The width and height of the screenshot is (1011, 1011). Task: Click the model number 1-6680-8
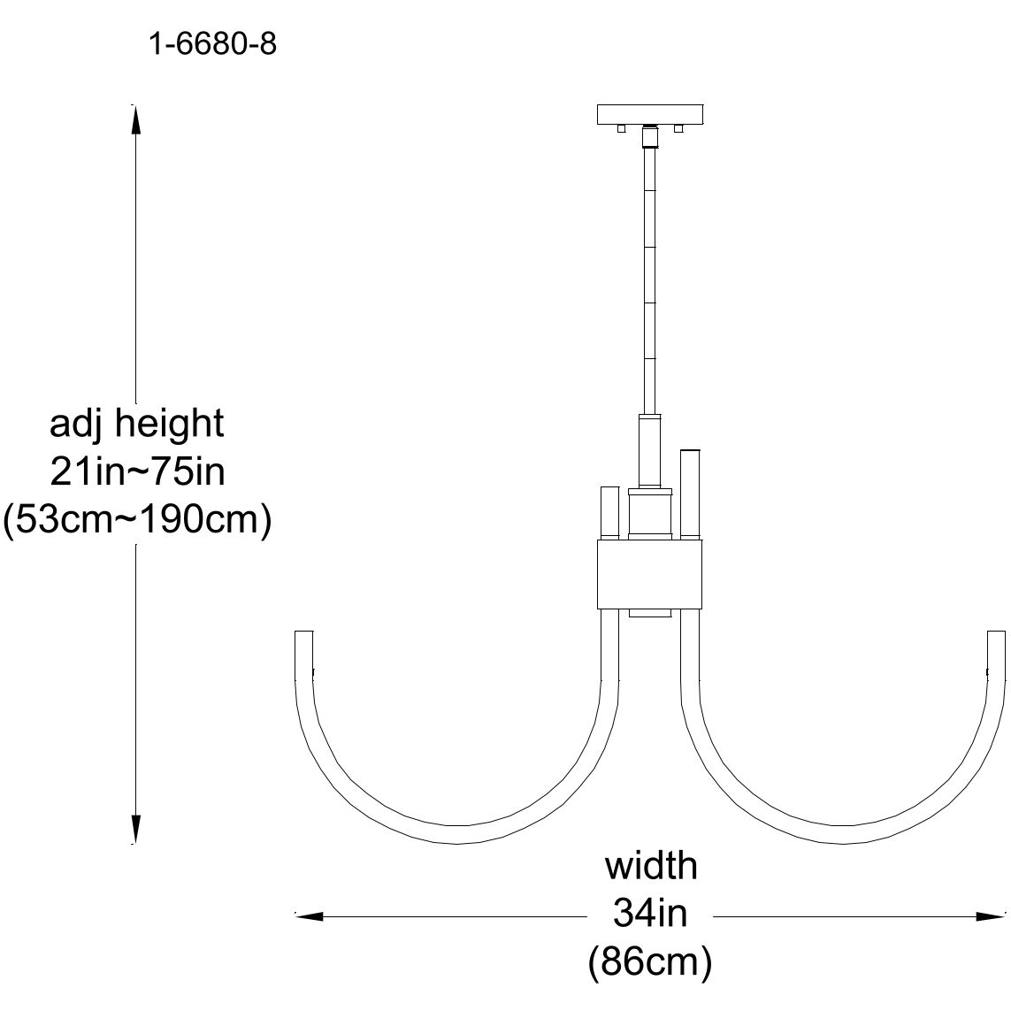coord(212,44)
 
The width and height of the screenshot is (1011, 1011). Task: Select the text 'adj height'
coord(137,425)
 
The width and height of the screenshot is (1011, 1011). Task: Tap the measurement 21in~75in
coord(137,471)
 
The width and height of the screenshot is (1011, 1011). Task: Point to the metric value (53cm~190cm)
coord(136,520)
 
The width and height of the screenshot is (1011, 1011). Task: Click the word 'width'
coord(651,866)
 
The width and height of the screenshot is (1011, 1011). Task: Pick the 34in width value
coord(650,913)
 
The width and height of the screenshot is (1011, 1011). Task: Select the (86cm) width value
coord(650,962)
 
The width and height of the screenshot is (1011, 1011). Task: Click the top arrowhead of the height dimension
coord(135,119)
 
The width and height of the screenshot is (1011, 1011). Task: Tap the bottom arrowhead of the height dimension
coord(135,830)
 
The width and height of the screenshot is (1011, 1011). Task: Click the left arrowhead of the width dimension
coord(306,916)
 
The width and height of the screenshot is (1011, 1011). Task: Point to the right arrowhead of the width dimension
coord(992,916)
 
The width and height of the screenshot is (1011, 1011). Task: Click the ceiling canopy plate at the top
coord(650,115)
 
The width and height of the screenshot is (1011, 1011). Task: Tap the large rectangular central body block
coord(650,575)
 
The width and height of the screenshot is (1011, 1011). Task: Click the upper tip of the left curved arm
coord(303,637)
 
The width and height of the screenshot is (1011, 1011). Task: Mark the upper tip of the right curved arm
coord(996,637)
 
